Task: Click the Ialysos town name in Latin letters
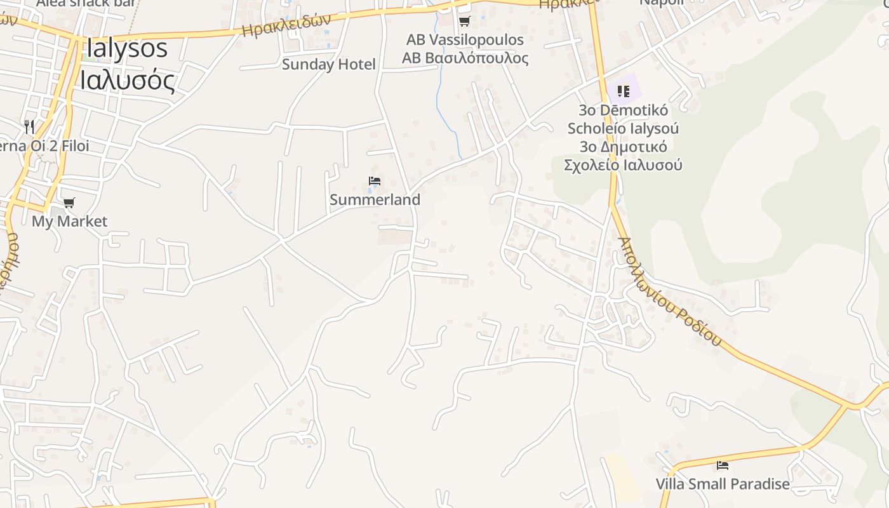click(126, 48)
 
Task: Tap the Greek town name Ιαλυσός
click(126, 80)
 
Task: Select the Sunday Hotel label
click(328, 64)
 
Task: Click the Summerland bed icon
click(375, 182)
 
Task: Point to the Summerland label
click(375, 199)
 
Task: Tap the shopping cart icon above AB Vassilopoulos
click(464, 22)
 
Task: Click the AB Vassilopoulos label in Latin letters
click(465, 39)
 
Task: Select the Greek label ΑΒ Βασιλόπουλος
click(465, 58)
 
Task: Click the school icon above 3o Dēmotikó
click(623, 91)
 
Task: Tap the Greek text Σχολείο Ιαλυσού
click(623, 165)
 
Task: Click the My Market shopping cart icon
click(69, 203)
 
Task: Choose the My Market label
click(69, 221)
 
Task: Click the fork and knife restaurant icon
click(29, 126)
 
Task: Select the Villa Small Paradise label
click(723, 484)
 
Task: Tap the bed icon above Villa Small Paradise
click(722, 465)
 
